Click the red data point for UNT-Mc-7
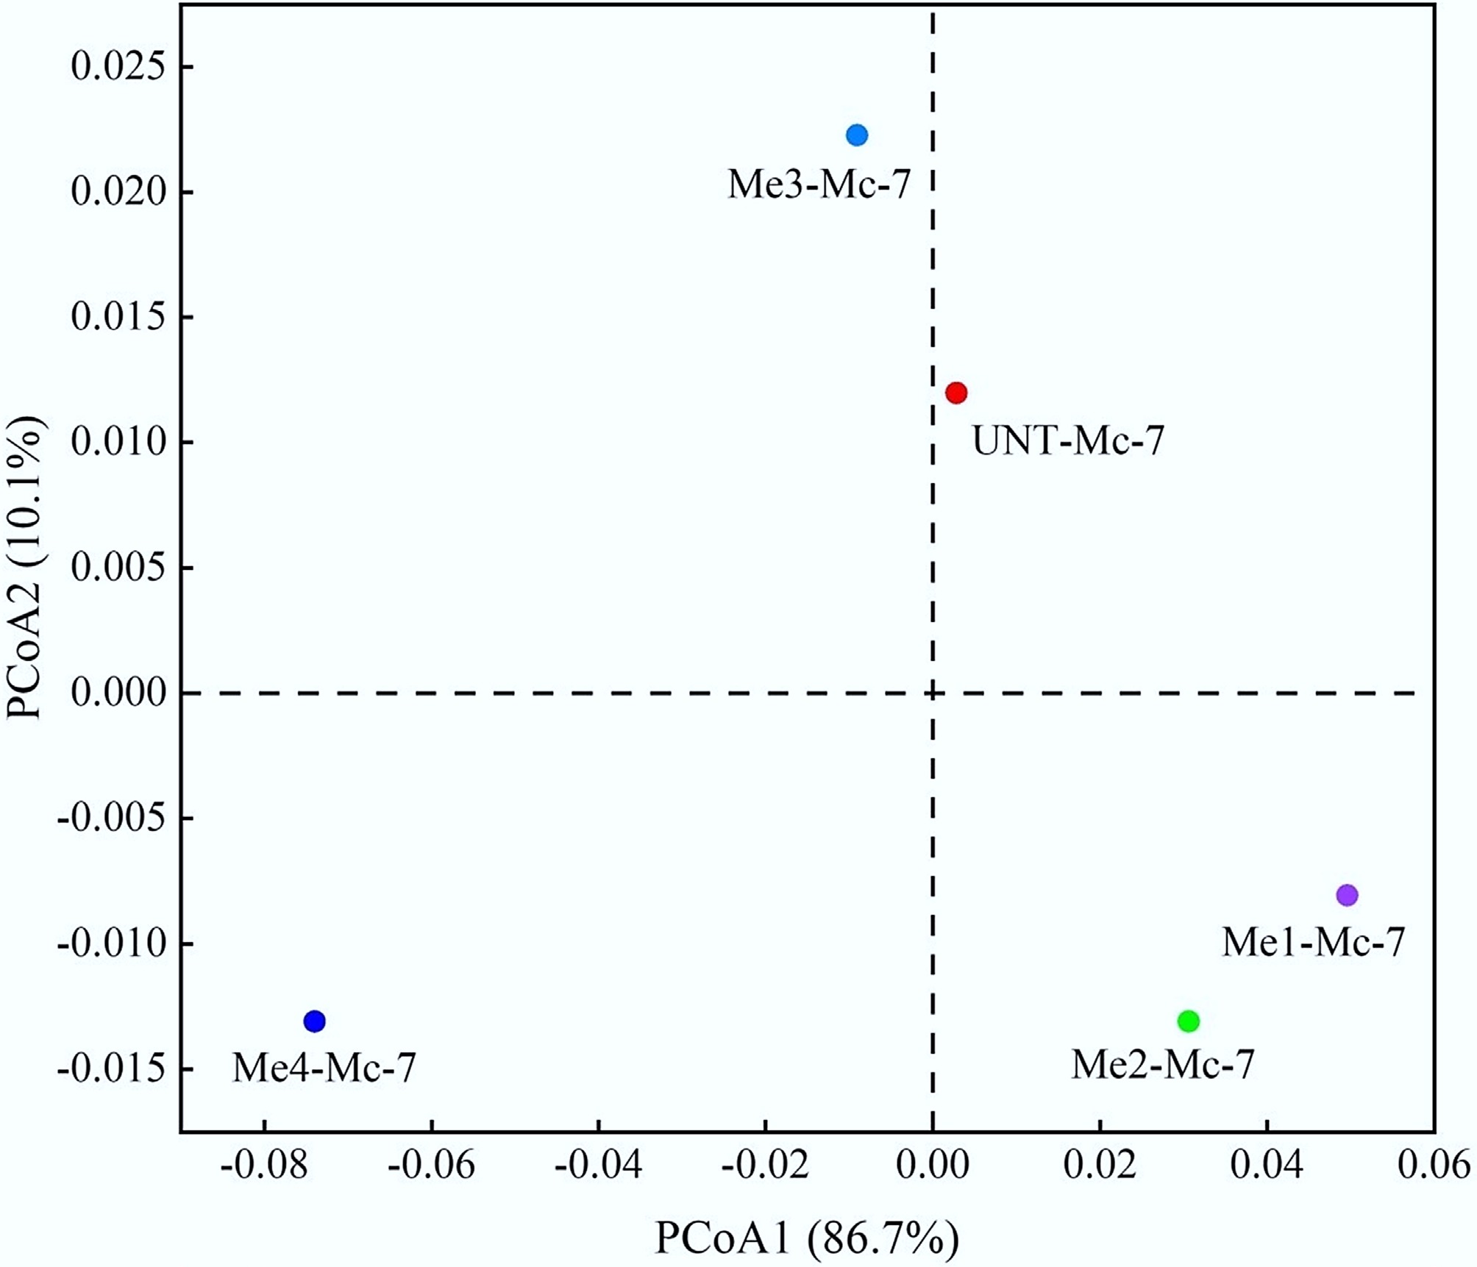click(955, 393)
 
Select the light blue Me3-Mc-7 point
click(856, 135)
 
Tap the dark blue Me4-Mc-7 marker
click(314, 1021)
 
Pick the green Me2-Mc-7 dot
click(1188, 1021)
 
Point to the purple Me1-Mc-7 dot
click(1347, 895)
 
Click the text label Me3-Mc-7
click(819, 185)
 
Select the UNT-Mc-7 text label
click(1068, 441)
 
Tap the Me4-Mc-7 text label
click(324, 1068)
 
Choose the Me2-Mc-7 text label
click(1162, 1064)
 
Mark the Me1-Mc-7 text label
click(1313, 942)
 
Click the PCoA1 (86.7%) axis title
click(807, 1238)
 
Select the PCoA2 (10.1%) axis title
click(26, 568)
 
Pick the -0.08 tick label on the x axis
click(263, 1167)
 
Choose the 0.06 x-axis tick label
click(1434, 1167)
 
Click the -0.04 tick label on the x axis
click(598, 1167)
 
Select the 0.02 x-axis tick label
click(1100, 1167)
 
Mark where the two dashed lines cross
click(933, 693)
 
